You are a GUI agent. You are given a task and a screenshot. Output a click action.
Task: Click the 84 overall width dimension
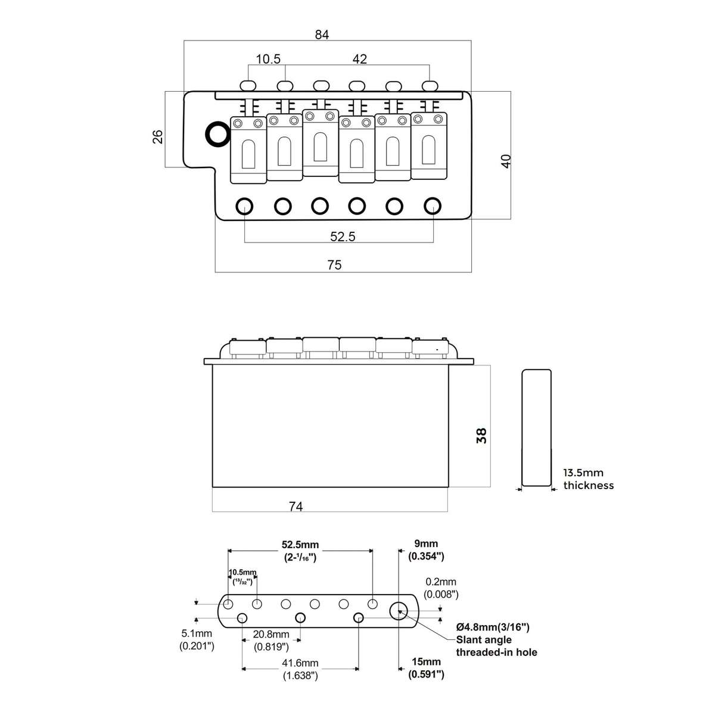(x=322, y=35)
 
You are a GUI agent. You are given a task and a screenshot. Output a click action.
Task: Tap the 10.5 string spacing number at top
(x=268, y=59)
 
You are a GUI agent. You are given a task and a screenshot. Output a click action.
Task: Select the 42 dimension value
(x=359, y=59)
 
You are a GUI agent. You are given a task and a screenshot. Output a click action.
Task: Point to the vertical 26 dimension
(x=158, y=136)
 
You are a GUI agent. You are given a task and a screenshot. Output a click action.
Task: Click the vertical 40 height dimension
(x=506, y=161)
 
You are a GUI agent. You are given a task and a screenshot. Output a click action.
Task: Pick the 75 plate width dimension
(x=334, y=265)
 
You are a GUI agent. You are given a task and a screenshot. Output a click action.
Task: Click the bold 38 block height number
(x=481, y=436)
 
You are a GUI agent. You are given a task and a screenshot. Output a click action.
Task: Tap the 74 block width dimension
(x=296, y=506)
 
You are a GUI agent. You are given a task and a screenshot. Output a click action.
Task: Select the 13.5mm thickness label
(x=589, y=479)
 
